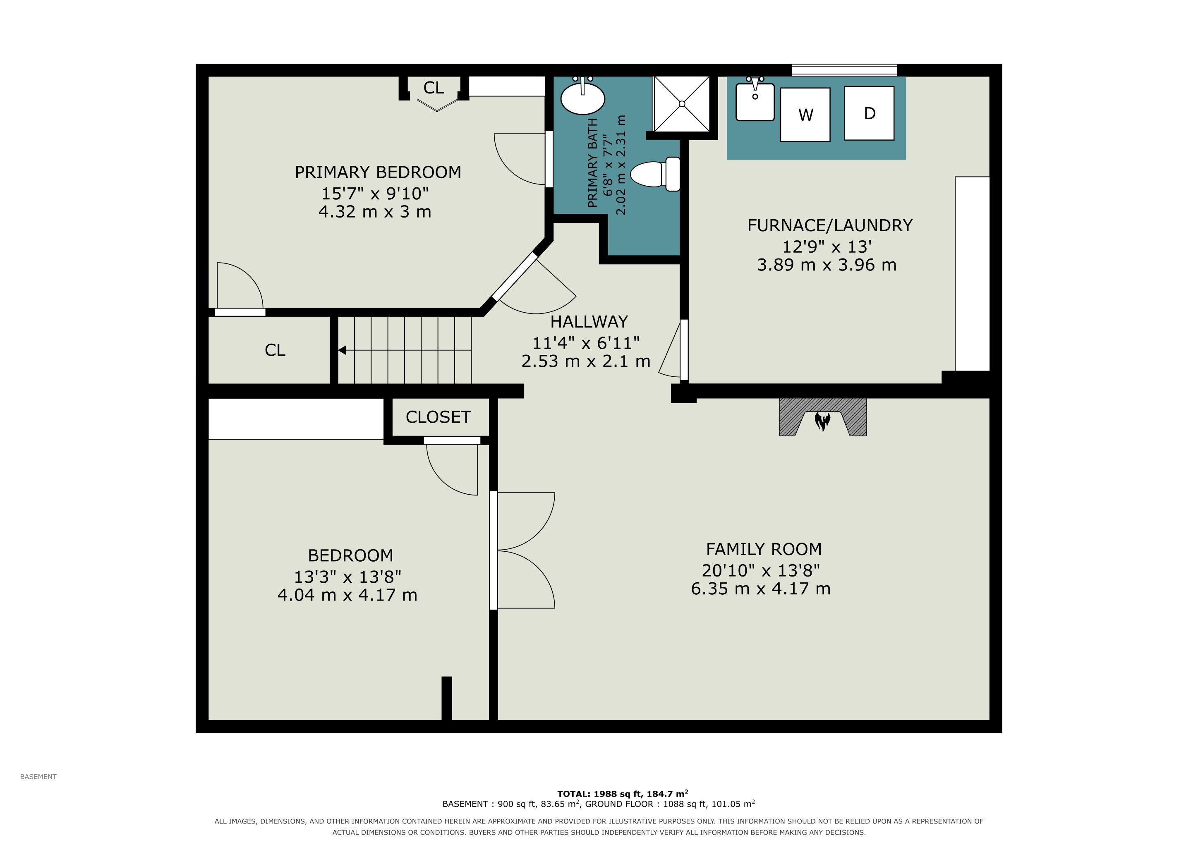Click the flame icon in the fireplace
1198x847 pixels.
[823, 421]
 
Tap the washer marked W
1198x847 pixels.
[805, 115]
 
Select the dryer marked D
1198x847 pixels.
[869, 113]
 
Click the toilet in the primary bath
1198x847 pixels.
[655, 174]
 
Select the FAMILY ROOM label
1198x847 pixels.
[764, 549]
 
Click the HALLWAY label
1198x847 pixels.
[589, 321]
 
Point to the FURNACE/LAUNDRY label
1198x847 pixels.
[830, 225]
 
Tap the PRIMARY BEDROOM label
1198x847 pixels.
[378, 172]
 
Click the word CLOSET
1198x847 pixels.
[438, 417]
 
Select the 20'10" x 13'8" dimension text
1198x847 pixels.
[761, 571]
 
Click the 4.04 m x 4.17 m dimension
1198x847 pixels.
[347, 595]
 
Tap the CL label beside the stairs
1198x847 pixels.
[275, 350]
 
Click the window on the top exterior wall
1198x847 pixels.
[844, 70]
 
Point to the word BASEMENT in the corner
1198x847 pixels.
[38, 777]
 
